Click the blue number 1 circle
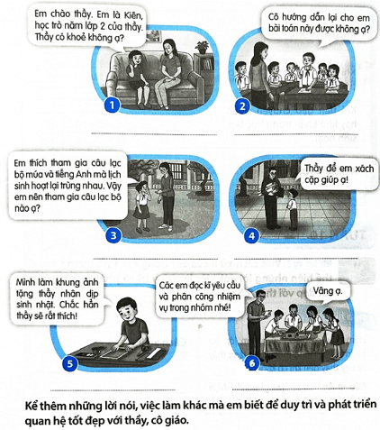point(113,105)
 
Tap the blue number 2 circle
point(242,106)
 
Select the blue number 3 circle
point(113,235)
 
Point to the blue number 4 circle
point(251,236)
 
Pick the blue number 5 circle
point(69,364)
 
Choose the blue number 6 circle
point(251,363)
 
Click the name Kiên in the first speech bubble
point(133,15)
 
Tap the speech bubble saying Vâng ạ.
point(328,291)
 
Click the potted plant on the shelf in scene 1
point(203,48)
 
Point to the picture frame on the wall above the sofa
point(154,36)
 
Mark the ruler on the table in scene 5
point(155,353)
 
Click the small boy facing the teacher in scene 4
point(293,209)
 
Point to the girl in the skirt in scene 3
point(141,206)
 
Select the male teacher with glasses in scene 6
point(256,325)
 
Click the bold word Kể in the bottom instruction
point(32,406)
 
